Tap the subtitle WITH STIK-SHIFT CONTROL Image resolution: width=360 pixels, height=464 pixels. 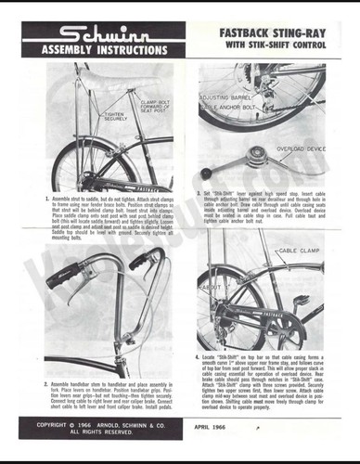click(275, 45)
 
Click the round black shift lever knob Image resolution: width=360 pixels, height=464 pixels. click(207, 173)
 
